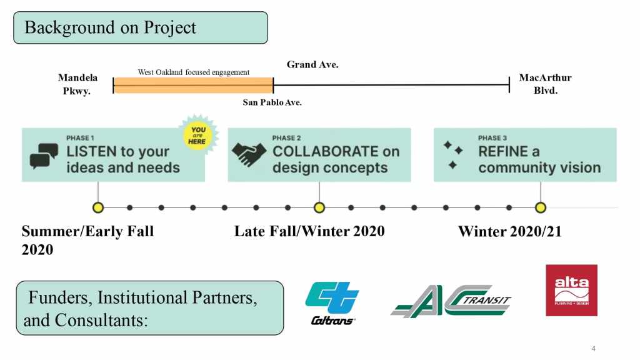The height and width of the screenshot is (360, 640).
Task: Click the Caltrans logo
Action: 332,303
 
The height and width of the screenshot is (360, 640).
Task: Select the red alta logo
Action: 571,290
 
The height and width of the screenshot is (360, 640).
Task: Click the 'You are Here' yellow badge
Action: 197,135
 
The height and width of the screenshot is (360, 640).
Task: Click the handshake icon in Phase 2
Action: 249,154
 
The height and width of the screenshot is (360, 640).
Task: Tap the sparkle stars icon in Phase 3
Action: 453,155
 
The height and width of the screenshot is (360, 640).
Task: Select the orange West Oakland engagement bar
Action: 194,85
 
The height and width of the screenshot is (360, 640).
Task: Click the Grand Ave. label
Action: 312,64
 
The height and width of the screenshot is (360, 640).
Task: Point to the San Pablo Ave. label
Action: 272,102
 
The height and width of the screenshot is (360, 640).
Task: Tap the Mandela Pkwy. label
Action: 77,84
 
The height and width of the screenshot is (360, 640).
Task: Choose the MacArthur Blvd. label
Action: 545,84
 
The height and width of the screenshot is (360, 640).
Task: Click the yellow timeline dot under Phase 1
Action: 98,207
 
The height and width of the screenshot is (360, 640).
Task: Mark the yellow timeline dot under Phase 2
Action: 319,207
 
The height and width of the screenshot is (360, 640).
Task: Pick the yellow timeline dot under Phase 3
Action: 541,207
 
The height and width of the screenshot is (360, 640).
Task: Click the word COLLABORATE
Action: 325,151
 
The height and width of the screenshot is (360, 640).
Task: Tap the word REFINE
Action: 503,151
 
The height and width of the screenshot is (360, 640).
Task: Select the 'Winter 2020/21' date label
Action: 510,231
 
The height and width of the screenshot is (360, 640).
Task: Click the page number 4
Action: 594,349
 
